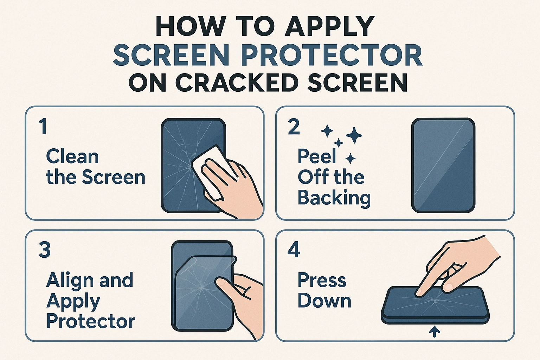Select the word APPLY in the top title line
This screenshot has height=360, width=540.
[x=329, y=26]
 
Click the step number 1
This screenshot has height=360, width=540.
[x=43, y=127]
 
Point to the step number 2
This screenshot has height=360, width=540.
[x=294, y=127]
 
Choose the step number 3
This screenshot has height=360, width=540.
[x=45, y=250]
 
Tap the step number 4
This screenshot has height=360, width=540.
[x=294, y=250]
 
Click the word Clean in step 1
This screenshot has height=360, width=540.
[x=72, y=156]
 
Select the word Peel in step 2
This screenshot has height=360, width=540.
[x=317, y=156]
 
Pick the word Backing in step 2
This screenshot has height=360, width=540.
[x=334, y=198]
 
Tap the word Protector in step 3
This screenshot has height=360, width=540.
[x=91, y=321]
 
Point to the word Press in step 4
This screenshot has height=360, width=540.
[x=322, y=280]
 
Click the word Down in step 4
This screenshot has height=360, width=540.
[x=324, y=301]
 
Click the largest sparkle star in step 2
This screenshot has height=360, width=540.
[x=354, y=135]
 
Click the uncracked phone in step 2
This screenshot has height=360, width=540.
[x=443, y=165]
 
